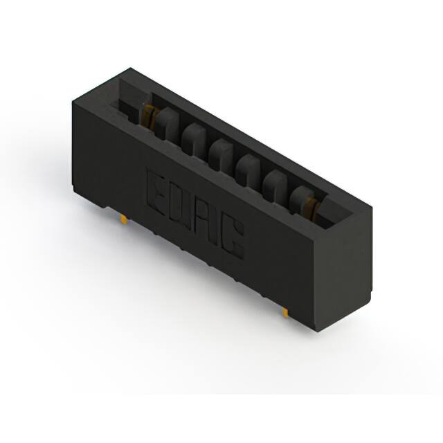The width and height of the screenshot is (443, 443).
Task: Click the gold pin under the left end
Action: click(x=123, y=219)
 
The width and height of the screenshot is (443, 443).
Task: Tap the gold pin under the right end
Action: click(x=284, y=312)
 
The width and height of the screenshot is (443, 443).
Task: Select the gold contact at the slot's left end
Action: click(x=148, y=117)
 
